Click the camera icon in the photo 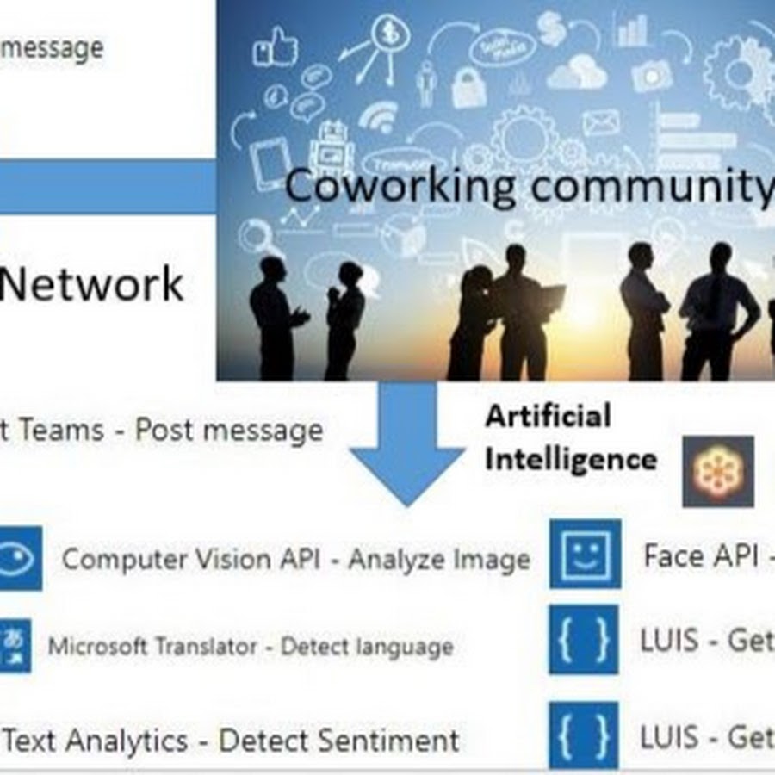[x=651, y=76]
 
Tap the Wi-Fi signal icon [x=379, y=116]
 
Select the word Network [x=92, y=284]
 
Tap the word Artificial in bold [x=548, y=417]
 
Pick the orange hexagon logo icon [x=718, y=471]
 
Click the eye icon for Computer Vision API [x=17, y=559]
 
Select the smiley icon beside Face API [x=585, y=554]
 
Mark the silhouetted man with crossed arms [x=642, y=310]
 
